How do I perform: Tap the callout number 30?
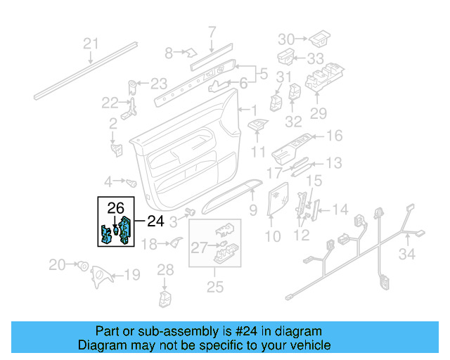click(287, 38)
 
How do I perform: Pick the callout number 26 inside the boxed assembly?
click(115, 207)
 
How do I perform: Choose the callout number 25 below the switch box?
click(214, 286)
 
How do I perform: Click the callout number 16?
click(333, 136)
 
